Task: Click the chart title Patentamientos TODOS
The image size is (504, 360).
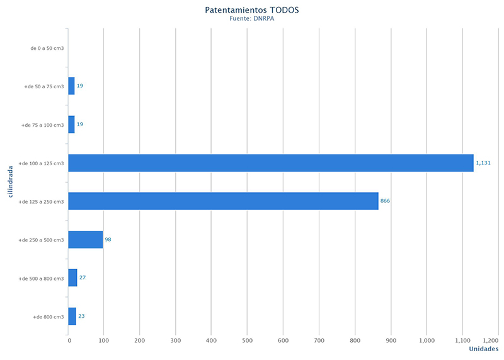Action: [252, 10]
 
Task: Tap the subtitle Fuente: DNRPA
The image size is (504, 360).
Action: [252, 20]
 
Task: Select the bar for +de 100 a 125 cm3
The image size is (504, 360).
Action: [270, 163]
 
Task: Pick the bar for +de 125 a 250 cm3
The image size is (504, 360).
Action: [223, 201]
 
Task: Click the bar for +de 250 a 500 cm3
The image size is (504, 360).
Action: [85, 240]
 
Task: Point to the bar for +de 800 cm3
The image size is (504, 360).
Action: [72, 316]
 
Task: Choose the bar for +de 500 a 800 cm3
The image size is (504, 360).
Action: [72, 278]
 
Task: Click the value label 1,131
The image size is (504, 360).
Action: [483, 163]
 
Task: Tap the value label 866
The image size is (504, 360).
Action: [386, 201]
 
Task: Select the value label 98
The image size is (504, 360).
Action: [108, 240]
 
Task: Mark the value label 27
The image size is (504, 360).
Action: [83, 278]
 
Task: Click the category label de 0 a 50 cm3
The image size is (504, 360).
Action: [47, 48]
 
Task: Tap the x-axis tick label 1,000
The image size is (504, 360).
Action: [427, 340]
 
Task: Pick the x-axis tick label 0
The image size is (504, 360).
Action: [69, 340]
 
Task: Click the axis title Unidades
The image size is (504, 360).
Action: [483, 349]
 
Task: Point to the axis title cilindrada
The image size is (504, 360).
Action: [11, 181]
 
